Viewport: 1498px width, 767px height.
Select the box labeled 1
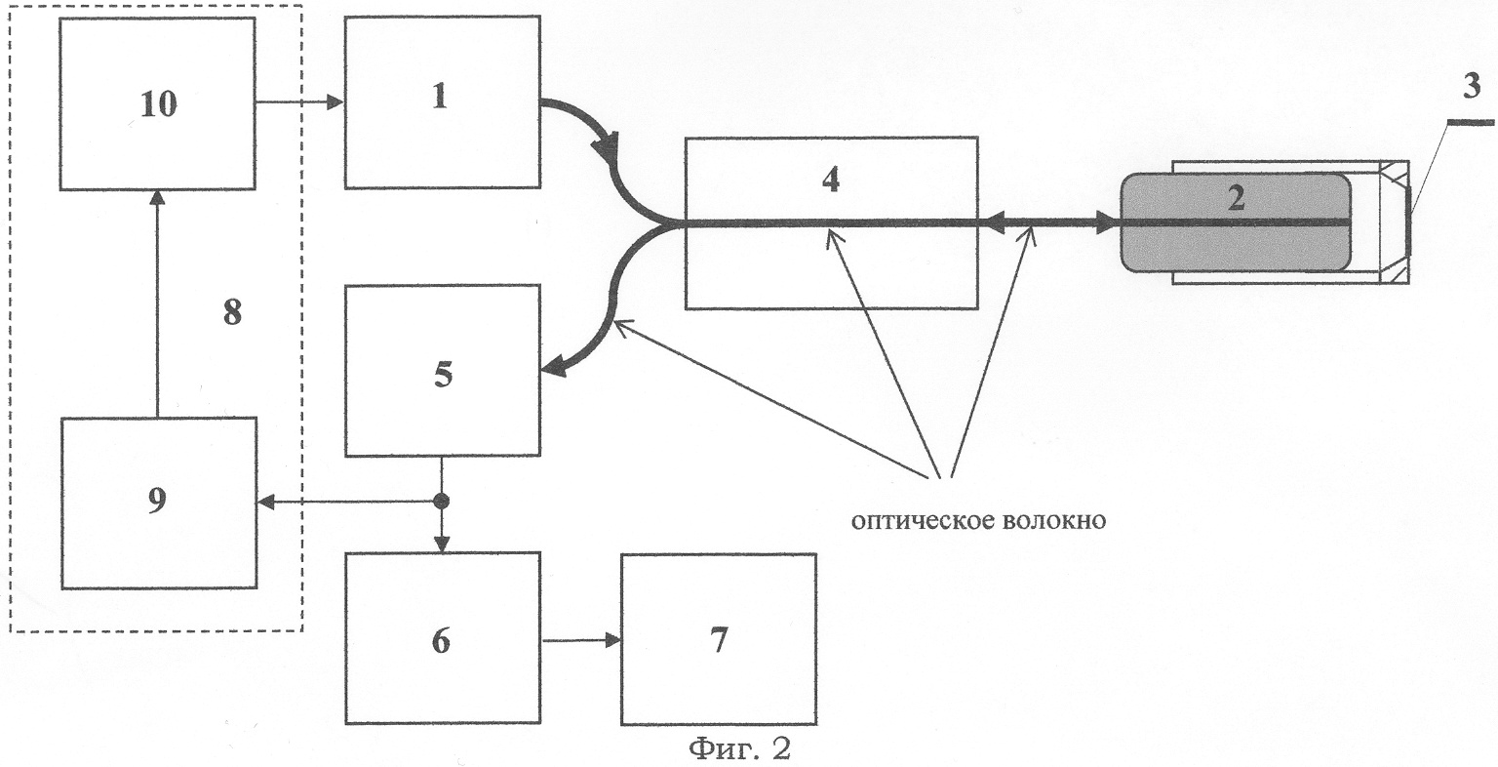(x=442, y=101)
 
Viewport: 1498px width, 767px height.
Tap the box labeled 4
(x=830, y=222)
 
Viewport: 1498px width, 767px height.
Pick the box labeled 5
(x=442, y=371)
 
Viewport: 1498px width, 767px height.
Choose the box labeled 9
(x=158, y=503)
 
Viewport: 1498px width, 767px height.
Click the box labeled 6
(x=442, y=638)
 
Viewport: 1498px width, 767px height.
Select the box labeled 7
(x=719, y=640)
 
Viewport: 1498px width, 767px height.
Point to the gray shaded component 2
(x=1236, y=223)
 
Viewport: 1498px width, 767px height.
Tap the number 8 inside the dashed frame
(x=232, y=314)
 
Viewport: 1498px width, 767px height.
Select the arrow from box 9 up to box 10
(x=157, y=303)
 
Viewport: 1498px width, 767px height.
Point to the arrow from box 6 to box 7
(x=581, y=641)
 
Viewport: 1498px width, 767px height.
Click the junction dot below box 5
(x=441, y=503)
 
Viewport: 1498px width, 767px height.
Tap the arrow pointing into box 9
(x=268, y=503)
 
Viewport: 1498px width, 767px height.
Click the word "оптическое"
(x=920, y=520)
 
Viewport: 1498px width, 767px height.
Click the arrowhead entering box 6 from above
(x=442, y=543)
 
